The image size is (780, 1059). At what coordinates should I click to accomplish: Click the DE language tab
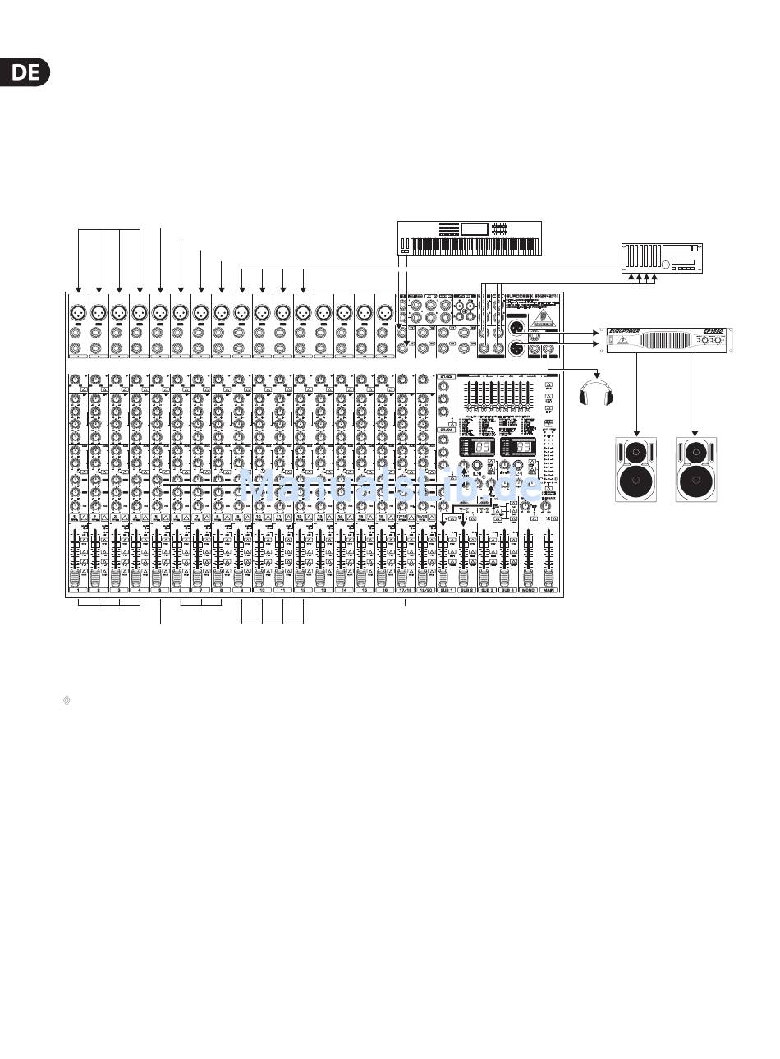25,72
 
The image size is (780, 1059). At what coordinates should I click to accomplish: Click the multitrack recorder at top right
662,257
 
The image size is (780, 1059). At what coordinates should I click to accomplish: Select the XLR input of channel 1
78,313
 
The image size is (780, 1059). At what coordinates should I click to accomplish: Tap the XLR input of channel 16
384,313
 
